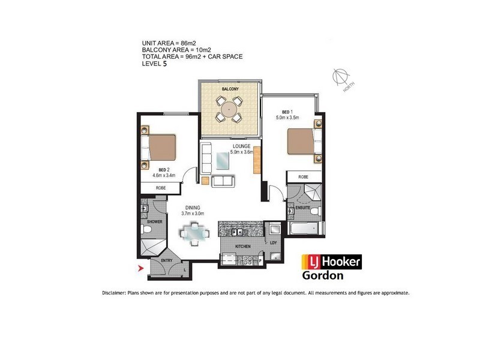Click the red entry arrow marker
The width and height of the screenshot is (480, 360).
click(141, 268)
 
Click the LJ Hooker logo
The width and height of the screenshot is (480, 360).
click(332, 262)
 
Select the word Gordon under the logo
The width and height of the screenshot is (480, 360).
click(323, 275)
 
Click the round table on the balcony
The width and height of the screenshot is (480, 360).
click(229, 109)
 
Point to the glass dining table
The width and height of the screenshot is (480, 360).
click(194, 234)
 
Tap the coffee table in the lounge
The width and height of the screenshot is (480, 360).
click(223, 161)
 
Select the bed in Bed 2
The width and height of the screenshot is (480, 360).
click(158, 147)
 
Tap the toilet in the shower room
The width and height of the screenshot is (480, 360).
click(146, 229)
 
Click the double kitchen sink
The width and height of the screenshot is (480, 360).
click(237, 232)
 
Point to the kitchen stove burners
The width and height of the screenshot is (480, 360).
click(247, 260)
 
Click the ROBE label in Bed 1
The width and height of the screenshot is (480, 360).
click(303, 177)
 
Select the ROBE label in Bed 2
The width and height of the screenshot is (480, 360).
click(161, 188)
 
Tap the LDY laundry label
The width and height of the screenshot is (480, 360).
click(274, 243)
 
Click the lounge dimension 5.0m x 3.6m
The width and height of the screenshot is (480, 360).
click(242, 152)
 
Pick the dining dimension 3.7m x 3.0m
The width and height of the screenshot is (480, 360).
click(193, 214)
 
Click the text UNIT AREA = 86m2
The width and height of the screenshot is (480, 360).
click(169, 43)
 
